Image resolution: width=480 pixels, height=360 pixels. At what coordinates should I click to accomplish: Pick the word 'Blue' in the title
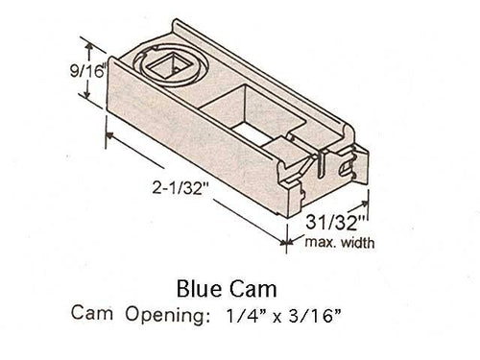pos(200,287)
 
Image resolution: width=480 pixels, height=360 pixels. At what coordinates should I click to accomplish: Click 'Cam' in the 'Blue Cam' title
pos(256,287)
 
